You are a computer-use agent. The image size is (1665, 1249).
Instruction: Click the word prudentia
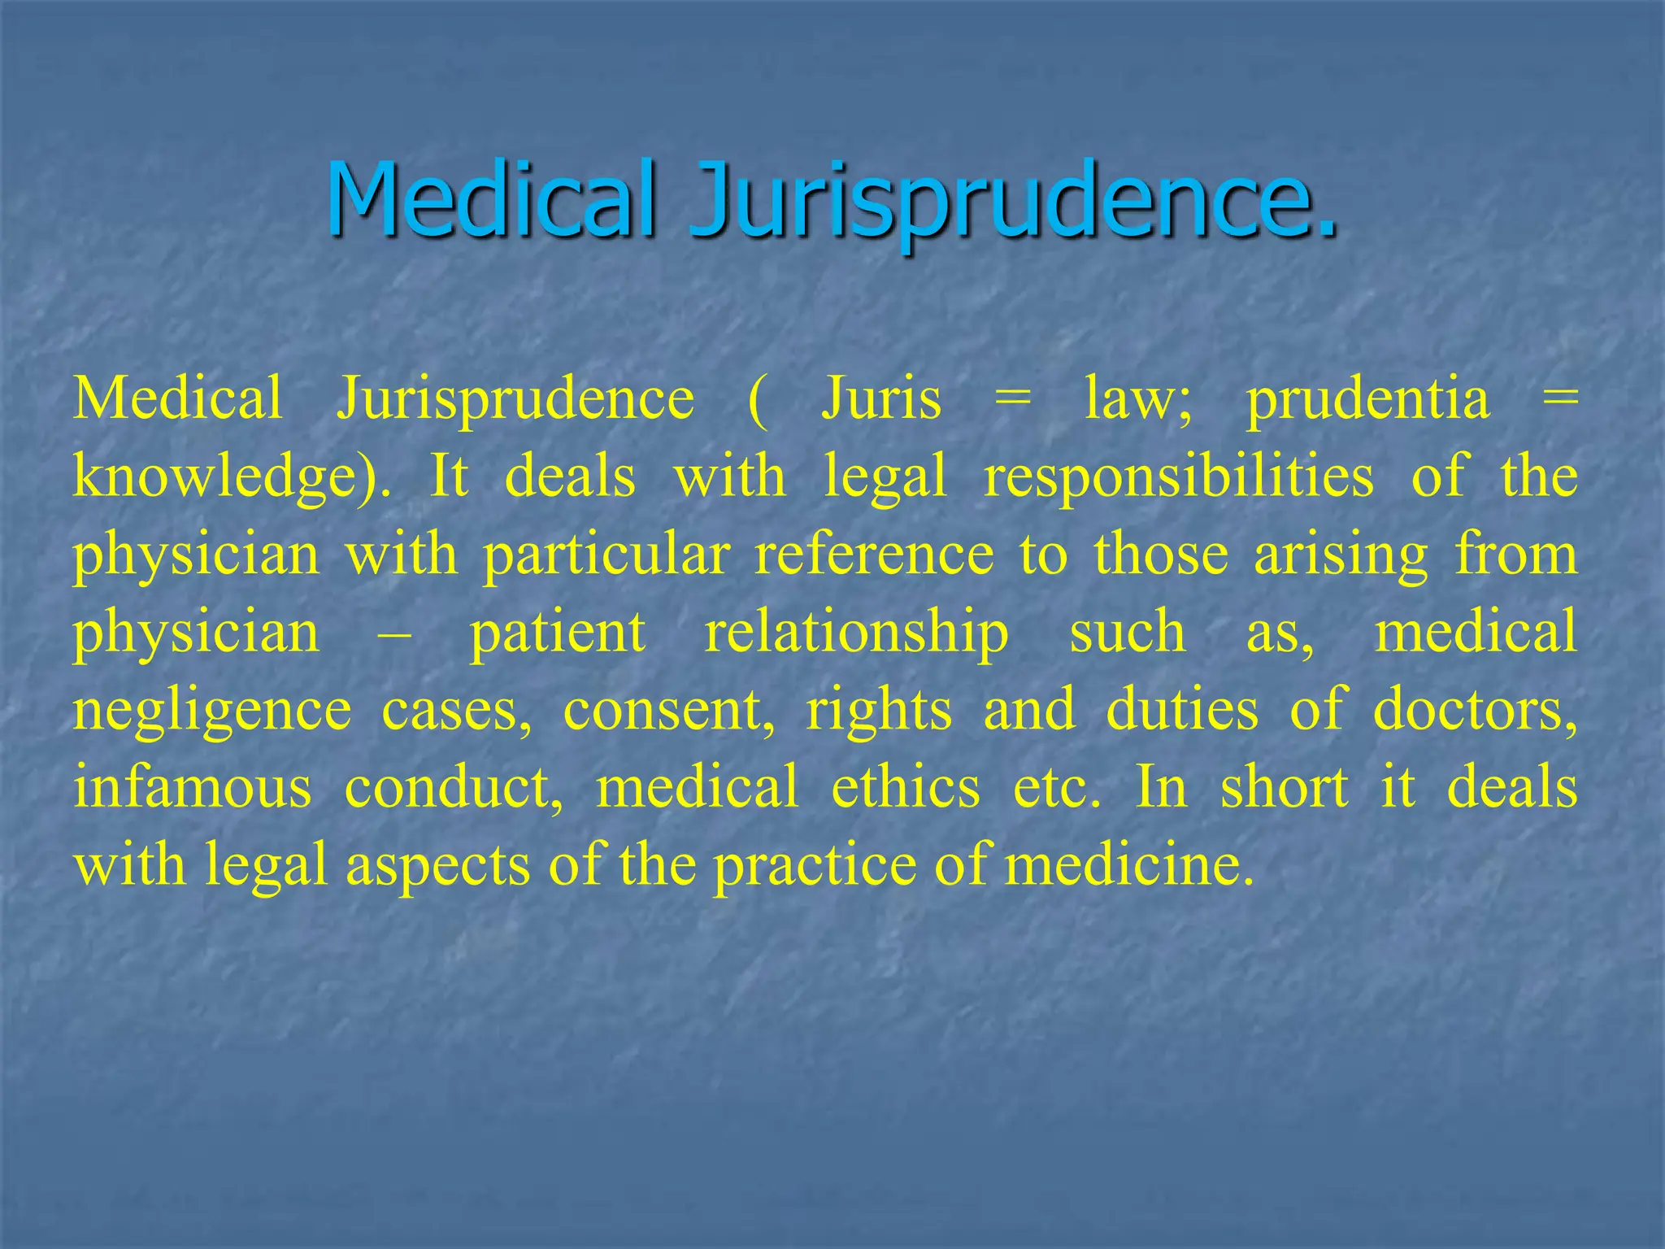[1368, 400]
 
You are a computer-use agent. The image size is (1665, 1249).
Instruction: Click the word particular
[606, 556]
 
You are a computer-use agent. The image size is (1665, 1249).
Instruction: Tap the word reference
[874, 555]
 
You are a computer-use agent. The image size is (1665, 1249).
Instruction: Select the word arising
[1341, 556]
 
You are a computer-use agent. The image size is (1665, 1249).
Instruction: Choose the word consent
[669, 710]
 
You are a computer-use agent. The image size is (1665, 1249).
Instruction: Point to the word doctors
[1475, 710]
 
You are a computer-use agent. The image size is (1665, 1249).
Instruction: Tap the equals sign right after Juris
[1012, 400]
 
